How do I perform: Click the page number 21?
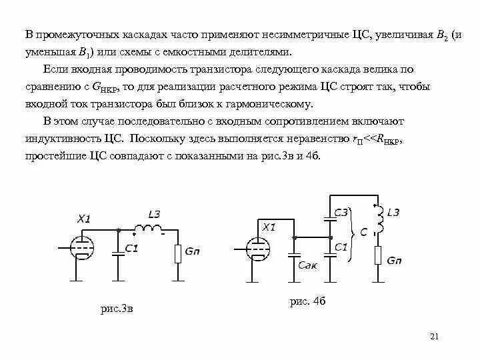coord(434,335)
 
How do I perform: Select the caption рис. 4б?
coord(307,301)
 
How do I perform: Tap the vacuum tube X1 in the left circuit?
coord(83,247)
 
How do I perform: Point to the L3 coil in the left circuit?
coord(148,229)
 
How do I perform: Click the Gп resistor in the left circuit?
coord(178,254)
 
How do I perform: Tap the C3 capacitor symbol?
coord(329,217)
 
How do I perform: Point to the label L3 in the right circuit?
coord(393,212)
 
